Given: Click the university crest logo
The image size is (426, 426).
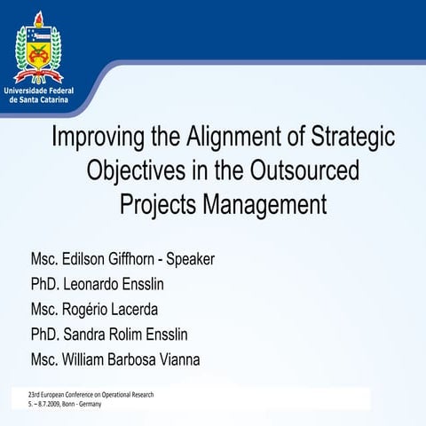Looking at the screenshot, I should (x=38, y=51).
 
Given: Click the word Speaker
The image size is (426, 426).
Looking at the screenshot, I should (x=190, y=260).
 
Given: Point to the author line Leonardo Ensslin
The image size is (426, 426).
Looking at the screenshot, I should (x=130, y=285).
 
